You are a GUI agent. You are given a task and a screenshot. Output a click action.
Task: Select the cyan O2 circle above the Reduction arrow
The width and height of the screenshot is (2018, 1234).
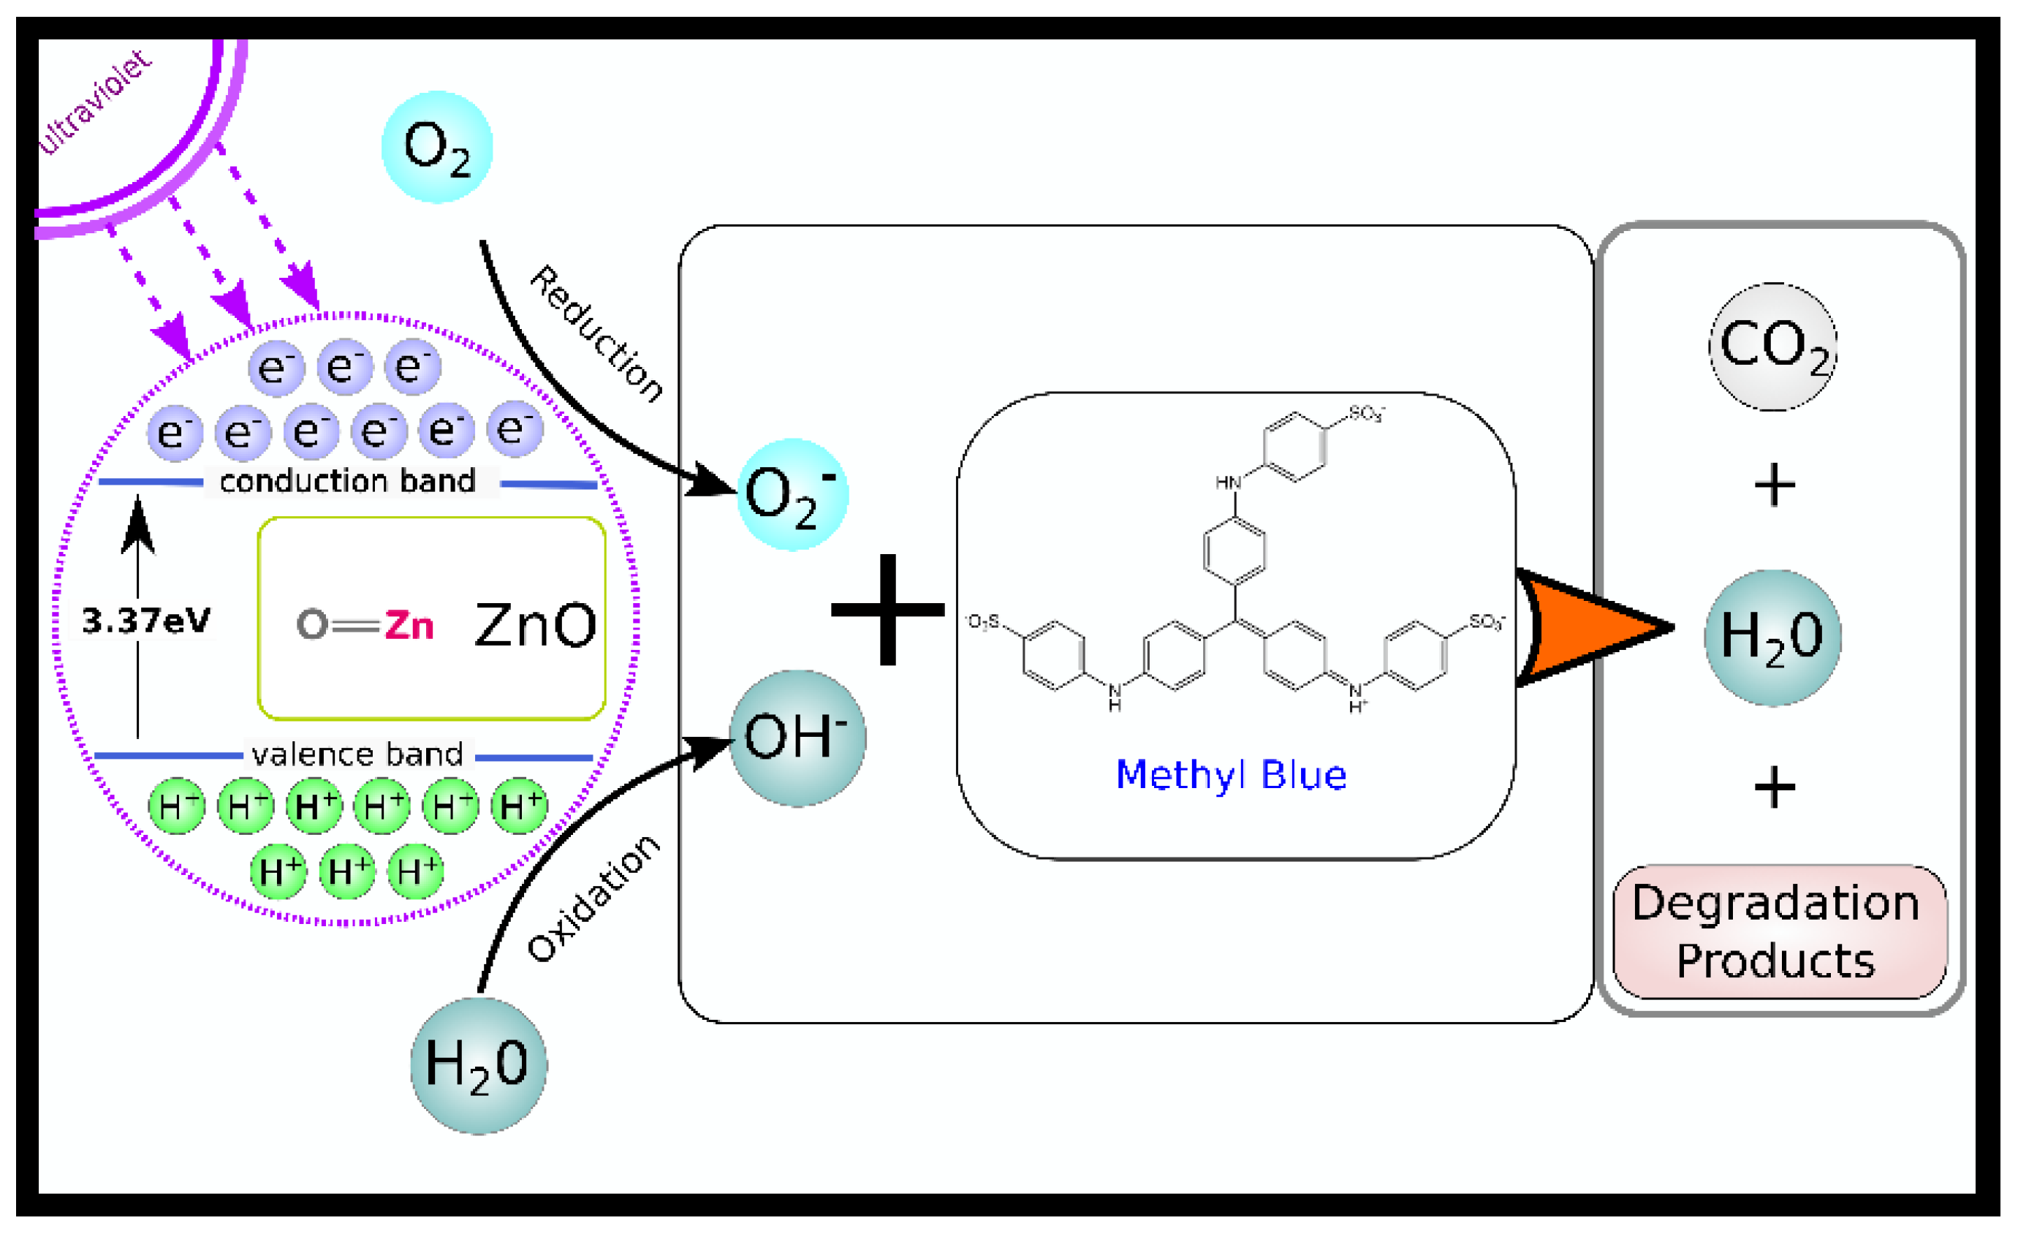click(x=437, y=148)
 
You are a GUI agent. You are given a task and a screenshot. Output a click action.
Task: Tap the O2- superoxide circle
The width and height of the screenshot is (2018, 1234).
click(x=792, y=495)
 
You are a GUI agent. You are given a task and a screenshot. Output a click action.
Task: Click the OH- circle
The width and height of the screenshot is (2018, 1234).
click(x=797, y=738)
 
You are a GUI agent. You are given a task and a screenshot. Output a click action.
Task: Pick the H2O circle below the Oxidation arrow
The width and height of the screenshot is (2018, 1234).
click(x=478, y=1065)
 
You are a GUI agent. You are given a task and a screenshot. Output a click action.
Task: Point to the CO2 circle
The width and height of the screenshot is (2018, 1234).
click(x=1773, y=346)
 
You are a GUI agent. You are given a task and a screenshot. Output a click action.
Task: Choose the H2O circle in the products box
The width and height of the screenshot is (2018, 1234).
click(x=1772, y=637)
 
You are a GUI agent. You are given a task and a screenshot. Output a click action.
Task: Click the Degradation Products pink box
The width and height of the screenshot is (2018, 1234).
click(x=1779, y=933)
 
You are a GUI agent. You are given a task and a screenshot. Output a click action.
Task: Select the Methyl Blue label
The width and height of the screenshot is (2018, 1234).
click(x=1231, y=775)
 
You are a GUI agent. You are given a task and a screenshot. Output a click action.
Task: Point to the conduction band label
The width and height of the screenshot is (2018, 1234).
click(x=348, y=481)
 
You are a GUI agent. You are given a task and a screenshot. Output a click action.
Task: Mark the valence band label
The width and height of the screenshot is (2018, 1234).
click(x=358, y=754)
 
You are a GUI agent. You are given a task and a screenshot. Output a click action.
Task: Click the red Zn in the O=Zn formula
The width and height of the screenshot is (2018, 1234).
click(x=409, y=625)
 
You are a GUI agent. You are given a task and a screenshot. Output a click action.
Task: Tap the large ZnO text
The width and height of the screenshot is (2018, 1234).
click(x=536, y=625)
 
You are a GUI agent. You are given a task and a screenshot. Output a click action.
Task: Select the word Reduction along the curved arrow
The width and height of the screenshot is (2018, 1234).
click(x=596, y=333)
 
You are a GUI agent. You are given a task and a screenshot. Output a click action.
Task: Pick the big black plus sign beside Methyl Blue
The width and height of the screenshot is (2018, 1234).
click(x=888, y=610)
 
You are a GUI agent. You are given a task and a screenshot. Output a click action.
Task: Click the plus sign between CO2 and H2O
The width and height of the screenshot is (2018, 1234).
click(x=1775, y=485)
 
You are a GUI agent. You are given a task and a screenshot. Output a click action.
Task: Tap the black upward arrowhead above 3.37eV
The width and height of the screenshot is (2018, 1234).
click(x=137, y=525)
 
